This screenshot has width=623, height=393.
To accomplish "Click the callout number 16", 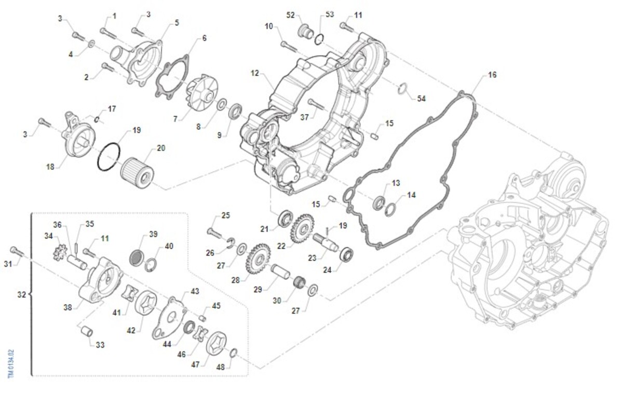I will pyautogui.click(x=492, y=75).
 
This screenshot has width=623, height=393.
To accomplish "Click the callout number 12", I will pyautogui.click(x=254, y=73).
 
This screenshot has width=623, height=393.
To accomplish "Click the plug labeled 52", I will pyautogui.click(x=307, y=32).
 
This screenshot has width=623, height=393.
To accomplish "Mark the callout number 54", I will pyautogui.click(x=421, y=98).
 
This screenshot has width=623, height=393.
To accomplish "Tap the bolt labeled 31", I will pyautogui.click(x=18, y=252).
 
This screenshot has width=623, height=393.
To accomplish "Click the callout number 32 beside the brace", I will pyautogui.click(x=21, y=295).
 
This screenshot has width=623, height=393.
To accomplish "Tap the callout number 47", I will pyautogui.click(x=195, y=365).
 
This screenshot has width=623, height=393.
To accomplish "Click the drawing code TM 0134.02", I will pyautogui.click(x=11, y=363).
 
